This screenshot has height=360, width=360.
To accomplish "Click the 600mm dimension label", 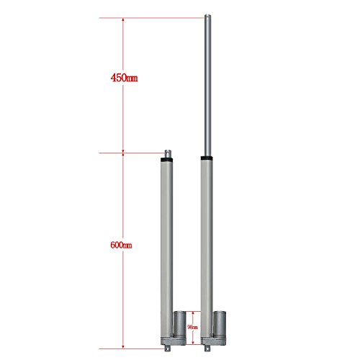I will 120,245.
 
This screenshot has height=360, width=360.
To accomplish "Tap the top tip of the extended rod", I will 207,17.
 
